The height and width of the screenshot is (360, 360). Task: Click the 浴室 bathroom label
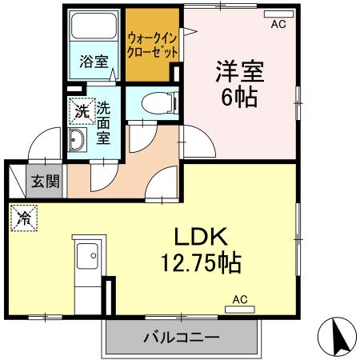tap(94, 61)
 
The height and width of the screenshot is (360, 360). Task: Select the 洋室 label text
tap(238, 71)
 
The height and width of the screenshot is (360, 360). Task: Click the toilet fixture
tap(154, 102)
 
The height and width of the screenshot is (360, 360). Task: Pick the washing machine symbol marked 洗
tap(81, 112)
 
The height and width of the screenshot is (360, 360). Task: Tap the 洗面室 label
tap(105, 121)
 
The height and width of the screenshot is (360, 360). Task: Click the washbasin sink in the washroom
tap(78, 142)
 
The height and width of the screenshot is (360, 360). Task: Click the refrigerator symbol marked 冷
tap(24, 217)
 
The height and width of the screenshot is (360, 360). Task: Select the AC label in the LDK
tap(240, 300)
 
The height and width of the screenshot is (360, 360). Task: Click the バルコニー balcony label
tap(182, 338)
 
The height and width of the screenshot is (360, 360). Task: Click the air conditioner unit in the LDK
tap(239, 308)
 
